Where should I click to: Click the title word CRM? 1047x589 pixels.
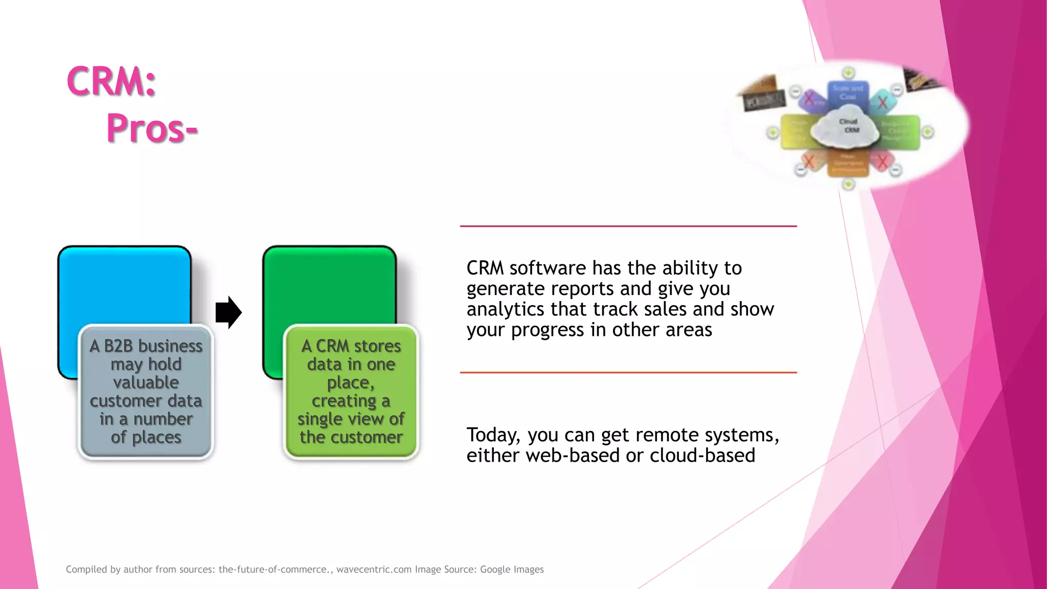[x=111, y=82]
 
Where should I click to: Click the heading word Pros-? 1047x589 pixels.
[x=152, y=128]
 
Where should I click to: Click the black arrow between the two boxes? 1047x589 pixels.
[x=228, y=312]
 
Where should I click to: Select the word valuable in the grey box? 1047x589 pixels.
[x=146, y=382]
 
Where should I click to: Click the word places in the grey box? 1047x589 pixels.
[x=156, y=437]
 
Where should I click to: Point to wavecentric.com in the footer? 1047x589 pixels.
[x=374, y=570]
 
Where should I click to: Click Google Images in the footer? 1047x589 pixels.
[x=512, y=570]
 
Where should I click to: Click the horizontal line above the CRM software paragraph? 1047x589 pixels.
[x=628, y=226]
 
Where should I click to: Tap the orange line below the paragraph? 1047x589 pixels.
[x=628, y=373]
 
